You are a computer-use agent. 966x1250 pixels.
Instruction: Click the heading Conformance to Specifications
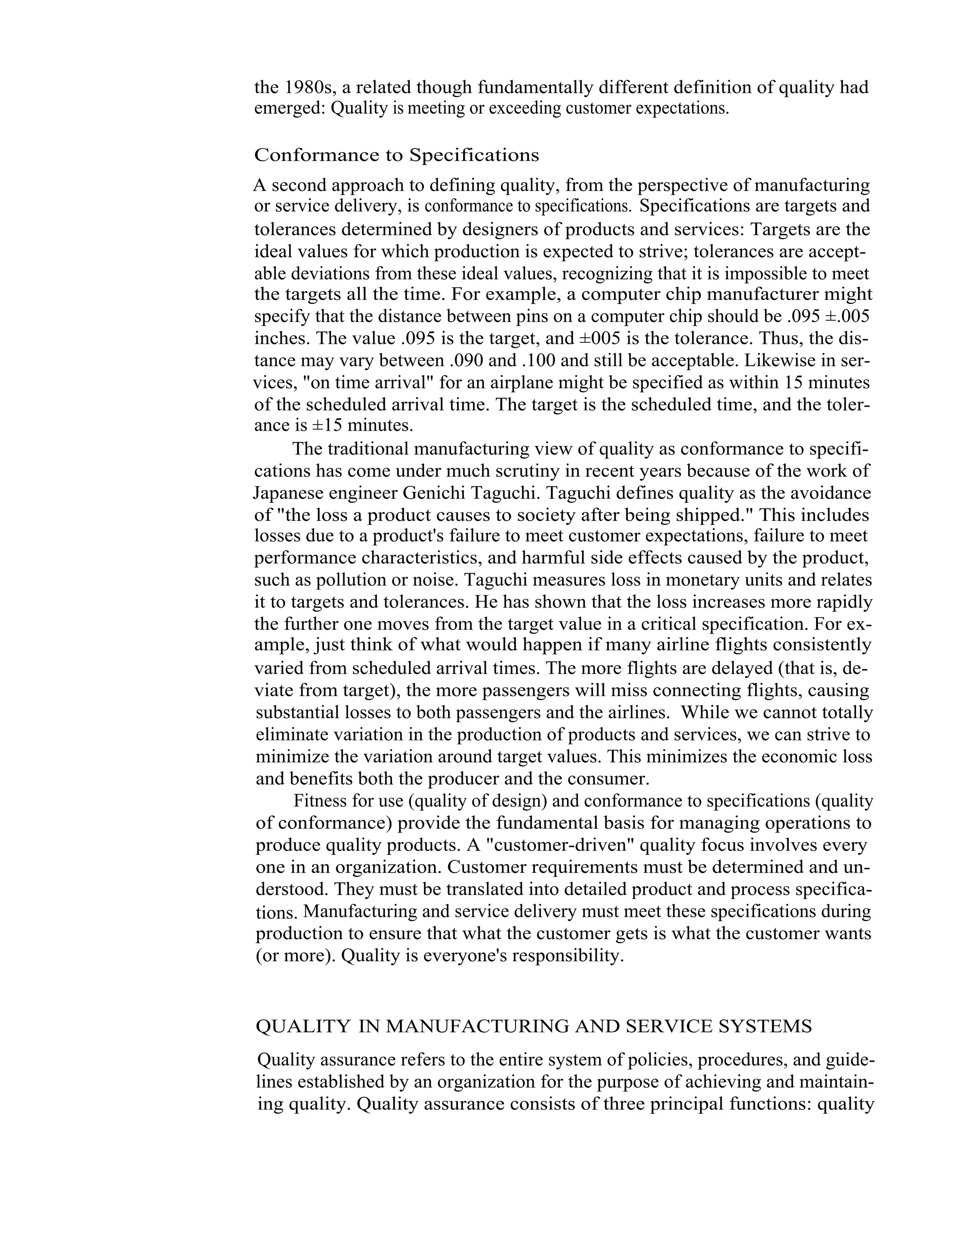click(x=397, y=155)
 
